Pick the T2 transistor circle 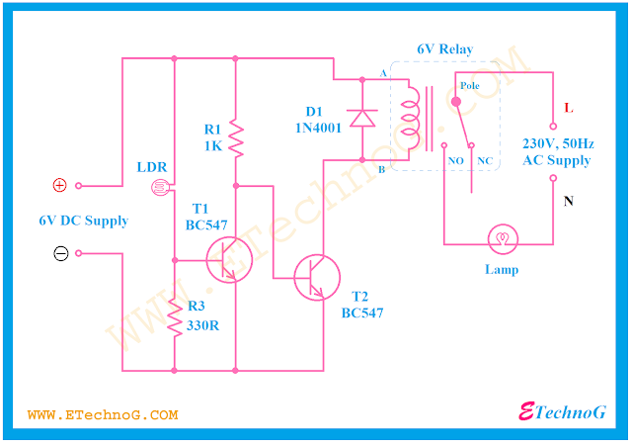tap(317, 278)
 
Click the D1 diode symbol tap(362, 117)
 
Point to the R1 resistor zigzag tap(235, 137)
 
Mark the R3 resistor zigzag tap(175, 318)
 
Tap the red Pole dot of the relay tap(455, 100)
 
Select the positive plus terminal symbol tap(59, 185)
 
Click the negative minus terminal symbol tap(60, 253)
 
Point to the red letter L tap(567, 107)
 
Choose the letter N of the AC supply tap(568, 202)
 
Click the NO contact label tap(456, 159)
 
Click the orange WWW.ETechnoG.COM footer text tap(103, 415)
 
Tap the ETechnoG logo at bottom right tap(562, 412)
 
